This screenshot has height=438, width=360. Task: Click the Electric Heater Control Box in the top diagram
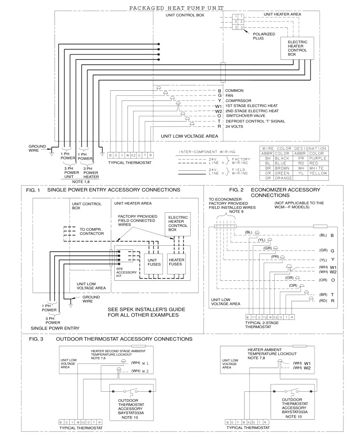[x=297, y=48]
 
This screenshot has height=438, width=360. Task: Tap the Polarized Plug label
[x=267, y=36]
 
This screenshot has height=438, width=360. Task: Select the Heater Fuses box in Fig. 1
[x=176, y=262]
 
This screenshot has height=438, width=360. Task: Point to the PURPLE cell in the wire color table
[x=318, y=158]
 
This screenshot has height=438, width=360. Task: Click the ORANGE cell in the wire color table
[x=283, y=178]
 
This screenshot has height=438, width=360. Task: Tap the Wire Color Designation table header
[x=294, y=148]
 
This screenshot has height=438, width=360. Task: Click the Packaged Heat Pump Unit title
[x=176, y=8]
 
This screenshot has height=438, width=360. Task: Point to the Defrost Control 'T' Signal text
[x=255, y=121]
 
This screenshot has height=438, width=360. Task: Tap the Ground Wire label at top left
[x=37, y=148]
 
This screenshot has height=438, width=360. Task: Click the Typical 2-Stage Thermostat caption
[x=263, y=325]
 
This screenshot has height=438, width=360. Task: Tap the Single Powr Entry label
[x=55, y=328]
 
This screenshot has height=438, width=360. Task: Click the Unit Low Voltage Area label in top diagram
[x=189, y=136]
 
